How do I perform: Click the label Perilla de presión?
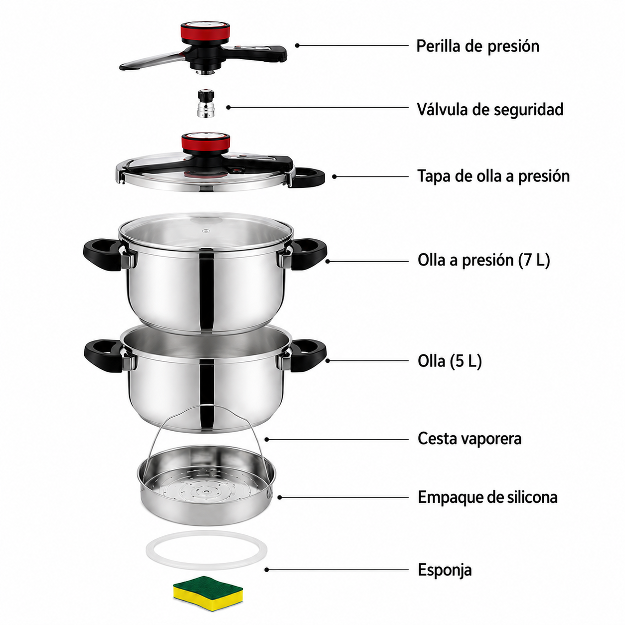477,46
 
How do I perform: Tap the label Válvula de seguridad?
490,109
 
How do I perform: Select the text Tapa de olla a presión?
493,176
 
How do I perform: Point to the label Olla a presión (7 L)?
483,260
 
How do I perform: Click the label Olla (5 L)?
450,361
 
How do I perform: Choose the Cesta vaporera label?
469,439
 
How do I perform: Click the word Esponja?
445,570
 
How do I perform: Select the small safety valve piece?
206,104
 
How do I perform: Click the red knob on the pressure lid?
206,142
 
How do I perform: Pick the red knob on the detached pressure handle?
205,32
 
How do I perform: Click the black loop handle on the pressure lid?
307,177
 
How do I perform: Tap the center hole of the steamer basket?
206,492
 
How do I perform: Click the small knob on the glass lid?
206,231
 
